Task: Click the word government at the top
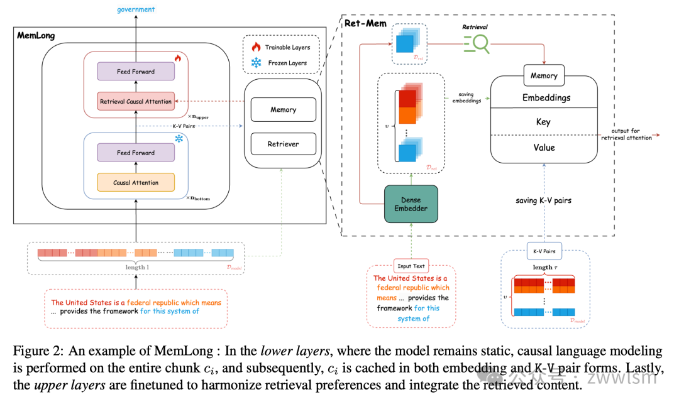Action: pyautogui.click(x=136, y=9)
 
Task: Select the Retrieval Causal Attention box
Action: pyautogui.click(x=135, y=101)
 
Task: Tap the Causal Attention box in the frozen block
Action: pyautogui.click(x=135, y=182)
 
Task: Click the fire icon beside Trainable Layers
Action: pyautogui.click(x=255, y=47)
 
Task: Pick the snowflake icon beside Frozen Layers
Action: pyautogui.click(x=255, y=63)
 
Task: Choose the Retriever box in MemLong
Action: pyautogui.click(x=283, y=144)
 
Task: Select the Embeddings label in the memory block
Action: pyautogui.click(x=546, y=98)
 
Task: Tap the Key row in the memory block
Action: pyautogui.click(x=544, y=122)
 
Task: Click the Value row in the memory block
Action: pyautogui.click(x=544, y=147)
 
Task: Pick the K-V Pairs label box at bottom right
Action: pyautogui.click(x=544, y=251)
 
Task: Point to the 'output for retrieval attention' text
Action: pyautogui.click(x=626, y=134)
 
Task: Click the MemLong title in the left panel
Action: pyautogui.click(x=36, y=36)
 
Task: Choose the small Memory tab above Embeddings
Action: pyautogui.click(x=544, y=75)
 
